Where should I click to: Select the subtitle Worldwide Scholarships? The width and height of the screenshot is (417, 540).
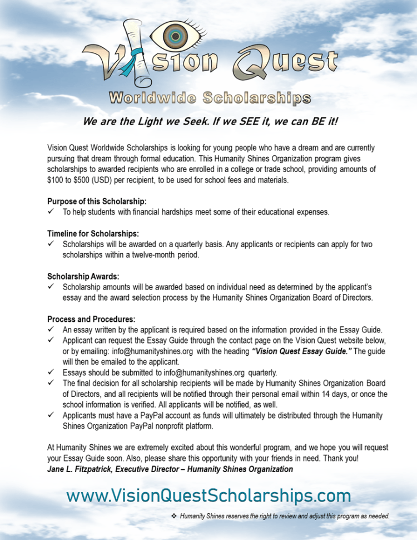coord(209,99)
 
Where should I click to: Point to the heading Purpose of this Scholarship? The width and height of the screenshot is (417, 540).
coord(97,201)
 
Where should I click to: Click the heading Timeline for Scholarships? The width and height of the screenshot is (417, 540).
coord(93,233)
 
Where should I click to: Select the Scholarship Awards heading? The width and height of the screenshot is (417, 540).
coord(83,276)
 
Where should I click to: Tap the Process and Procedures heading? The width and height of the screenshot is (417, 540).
coord(91,319)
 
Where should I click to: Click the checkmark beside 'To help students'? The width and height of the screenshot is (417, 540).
coord(51,212)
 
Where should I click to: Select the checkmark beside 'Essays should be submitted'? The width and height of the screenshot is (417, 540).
coord(51,372)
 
